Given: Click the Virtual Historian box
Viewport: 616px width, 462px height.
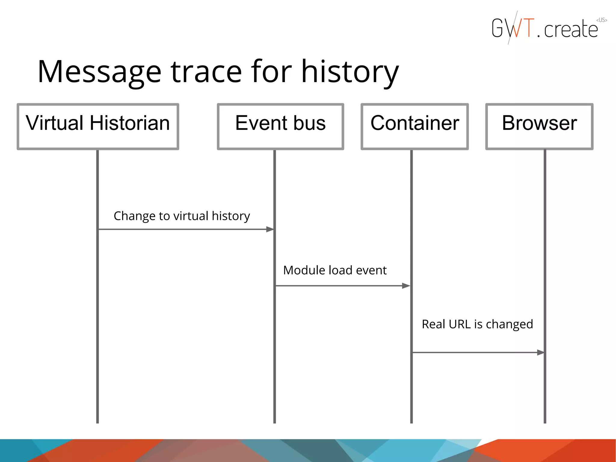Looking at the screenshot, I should (x=98, y=126).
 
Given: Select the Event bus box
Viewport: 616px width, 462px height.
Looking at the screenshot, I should (x=280, y=126).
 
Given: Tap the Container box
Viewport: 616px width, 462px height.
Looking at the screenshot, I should (x=414, y=126).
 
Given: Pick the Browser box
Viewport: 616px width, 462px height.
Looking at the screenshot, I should (x=539, y=126).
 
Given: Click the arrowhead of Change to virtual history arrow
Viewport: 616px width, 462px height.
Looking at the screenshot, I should (x=270, y=229).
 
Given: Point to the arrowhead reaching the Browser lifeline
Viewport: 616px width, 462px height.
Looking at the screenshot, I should (x=541, y=352).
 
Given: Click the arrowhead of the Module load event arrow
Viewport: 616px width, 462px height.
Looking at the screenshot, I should (x=406, y=286).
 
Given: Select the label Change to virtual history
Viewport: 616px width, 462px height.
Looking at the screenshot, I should (x=182, y=216).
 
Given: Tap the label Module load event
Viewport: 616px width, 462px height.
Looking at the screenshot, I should (x=335, y=270).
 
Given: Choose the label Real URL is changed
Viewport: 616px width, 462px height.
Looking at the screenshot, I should (x=477, y=324).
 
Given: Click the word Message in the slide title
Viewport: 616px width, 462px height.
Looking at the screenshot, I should (x=99, y=72).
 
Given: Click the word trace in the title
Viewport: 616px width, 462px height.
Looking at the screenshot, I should (x=206, y=72).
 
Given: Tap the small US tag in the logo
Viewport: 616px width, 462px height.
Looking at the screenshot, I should (x=602, y=20).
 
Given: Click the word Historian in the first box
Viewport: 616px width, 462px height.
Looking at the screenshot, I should (x=130, y=123).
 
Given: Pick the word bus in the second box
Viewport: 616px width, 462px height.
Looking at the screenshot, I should (x=309, y=123).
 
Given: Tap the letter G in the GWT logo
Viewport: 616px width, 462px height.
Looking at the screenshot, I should (x=498, y=28).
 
